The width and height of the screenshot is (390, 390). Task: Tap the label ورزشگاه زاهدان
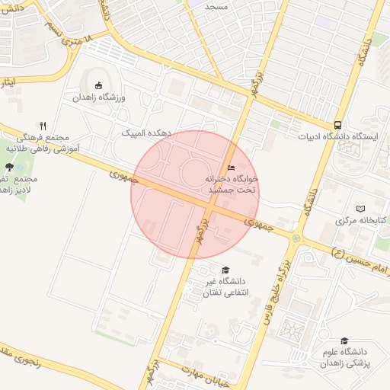pos(98,98)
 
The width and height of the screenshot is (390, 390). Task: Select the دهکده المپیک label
pos(146,133)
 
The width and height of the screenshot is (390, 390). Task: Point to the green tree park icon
pos(9,167)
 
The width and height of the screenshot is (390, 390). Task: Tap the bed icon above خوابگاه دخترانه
pos(231,168)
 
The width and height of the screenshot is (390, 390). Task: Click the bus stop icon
pos(337,125)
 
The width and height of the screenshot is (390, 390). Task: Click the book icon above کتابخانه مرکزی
pos(360,208)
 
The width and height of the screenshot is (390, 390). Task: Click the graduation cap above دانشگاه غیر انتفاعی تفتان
pos(225,270)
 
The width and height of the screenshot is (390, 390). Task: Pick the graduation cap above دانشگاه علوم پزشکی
pos(344,340)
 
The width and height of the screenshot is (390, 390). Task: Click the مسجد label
pos(237,5)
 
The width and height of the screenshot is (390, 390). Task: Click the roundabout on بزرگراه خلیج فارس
pos(295,239)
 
